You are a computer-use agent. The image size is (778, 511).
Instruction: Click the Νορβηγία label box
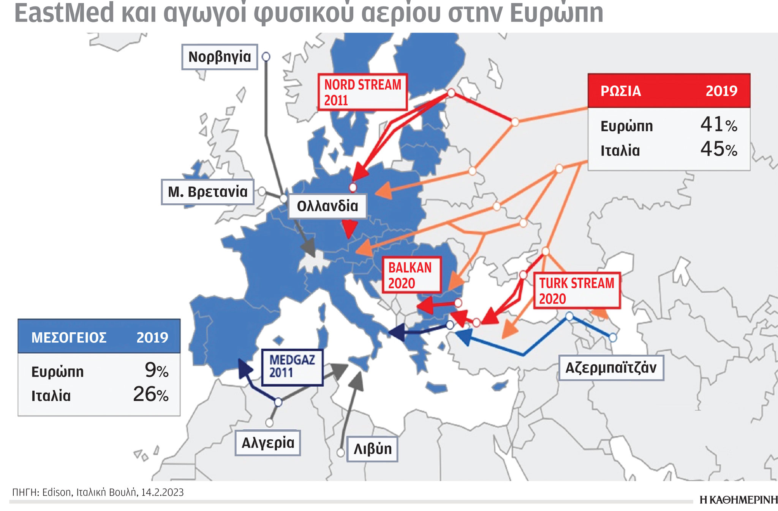point(220,57)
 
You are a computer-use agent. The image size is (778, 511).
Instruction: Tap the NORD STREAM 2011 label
point(362,92)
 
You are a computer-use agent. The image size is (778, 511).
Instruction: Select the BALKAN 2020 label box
point(411,275)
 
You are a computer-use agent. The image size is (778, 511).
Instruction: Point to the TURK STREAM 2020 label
point(577,291)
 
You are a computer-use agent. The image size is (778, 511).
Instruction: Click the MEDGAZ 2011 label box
point(292,366)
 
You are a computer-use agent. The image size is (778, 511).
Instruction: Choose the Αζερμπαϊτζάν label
point(611,368)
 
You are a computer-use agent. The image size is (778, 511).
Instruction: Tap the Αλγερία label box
point(268,443)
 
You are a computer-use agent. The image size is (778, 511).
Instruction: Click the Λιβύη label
point(372,449)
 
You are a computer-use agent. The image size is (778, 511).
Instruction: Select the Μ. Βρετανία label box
point(207,192)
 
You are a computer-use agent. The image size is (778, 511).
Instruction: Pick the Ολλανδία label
point(327,206)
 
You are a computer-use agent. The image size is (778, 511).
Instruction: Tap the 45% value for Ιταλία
point(718,149)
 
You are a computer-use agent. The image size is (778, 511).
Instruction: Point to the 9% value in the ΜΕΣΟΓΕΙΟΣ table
point(157,370)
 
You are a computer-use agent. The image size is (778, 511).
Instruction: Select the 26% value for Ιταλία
point(151,395)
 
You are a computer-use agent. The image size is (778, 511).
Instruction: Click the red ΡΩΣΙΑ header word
point(621,91)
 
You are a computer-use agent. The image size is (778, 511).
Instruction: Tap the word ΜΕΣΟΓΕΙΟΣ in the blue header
point(69,337)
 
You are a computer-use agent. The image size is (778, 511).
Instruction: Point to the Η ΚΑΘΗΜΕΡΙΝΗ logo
point(738,500)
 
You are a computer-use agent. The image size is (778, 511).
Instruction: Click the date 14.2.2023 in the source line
point(163,492)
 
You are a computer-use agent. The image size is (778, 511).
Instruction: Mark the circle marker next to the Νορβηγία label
point(266,57)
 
